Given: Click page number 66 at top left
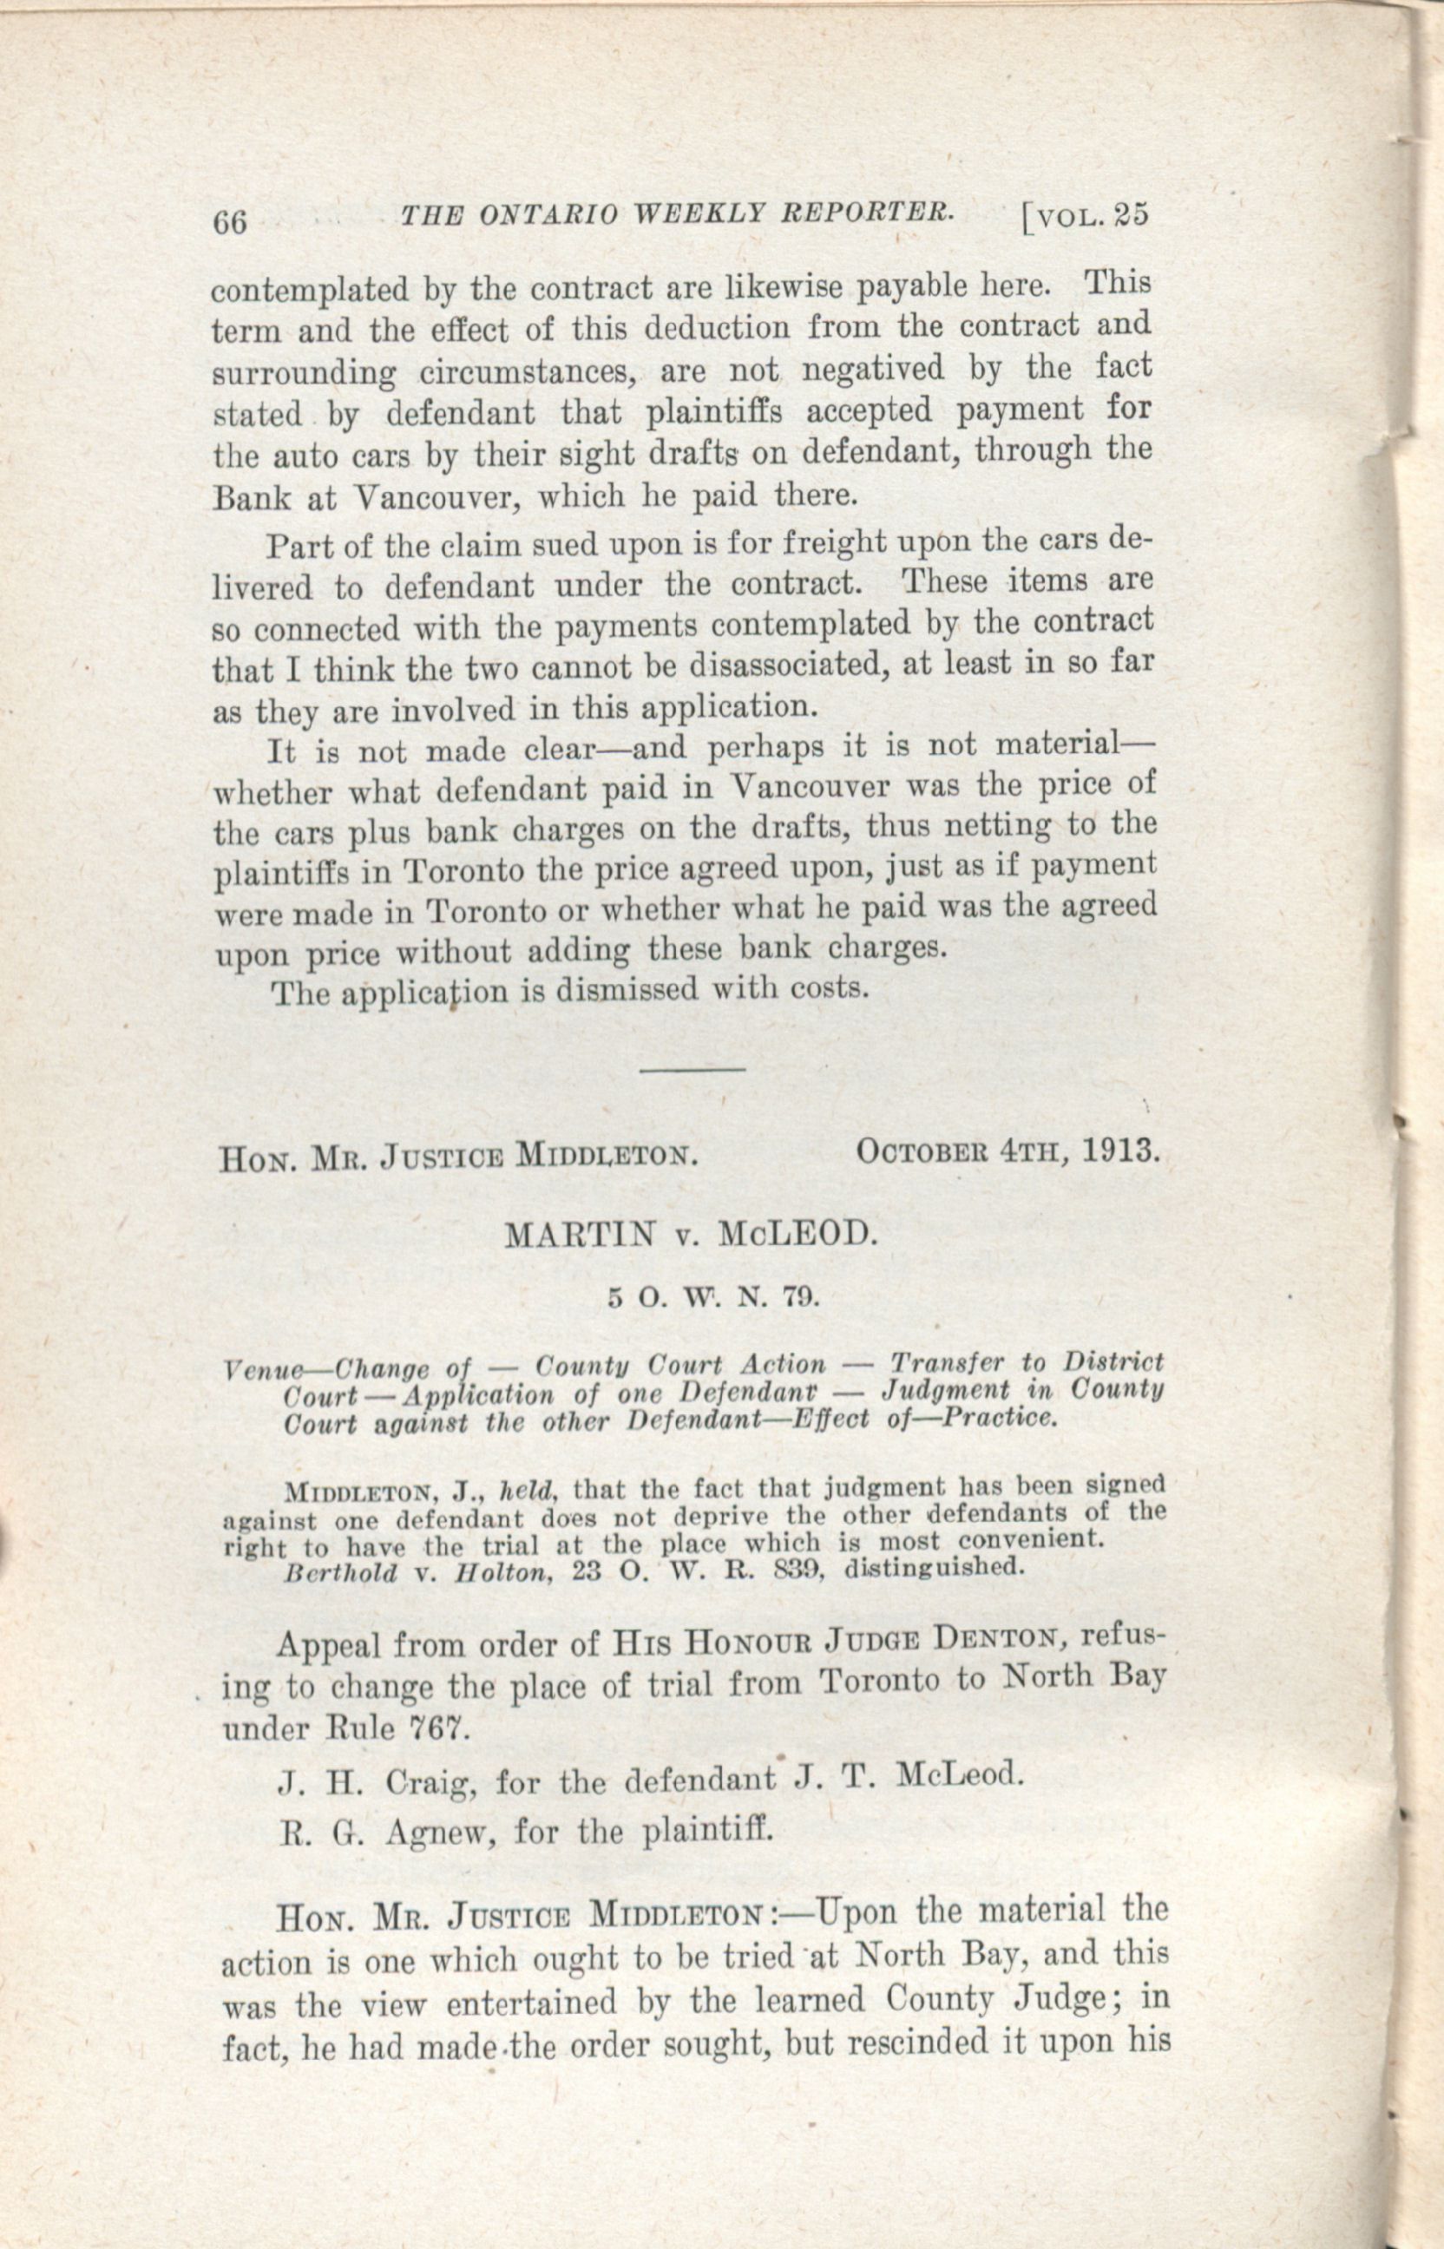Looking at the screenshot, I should pos(231,223).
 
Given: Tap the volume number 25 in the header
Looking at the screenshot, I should pos(1132,216).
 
